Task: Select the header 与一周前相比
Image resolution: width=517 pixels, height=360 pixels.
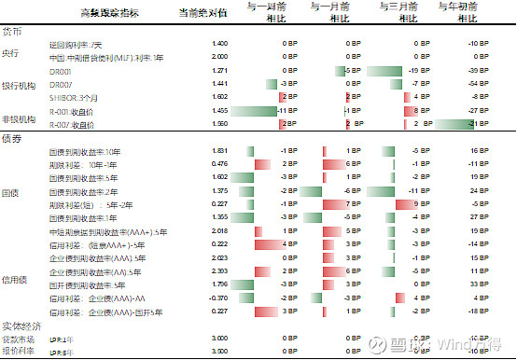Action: [x=269, y=12]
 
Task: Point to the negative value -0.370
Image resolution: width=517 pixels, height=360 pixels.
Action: [x=219, y=298]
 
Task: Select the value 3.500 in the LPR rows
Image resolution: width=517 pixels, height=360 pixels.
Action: [x=220, y=351]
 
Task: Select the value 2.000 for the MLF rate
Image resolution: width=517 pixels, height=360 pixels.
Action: [x=220, y=57]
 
